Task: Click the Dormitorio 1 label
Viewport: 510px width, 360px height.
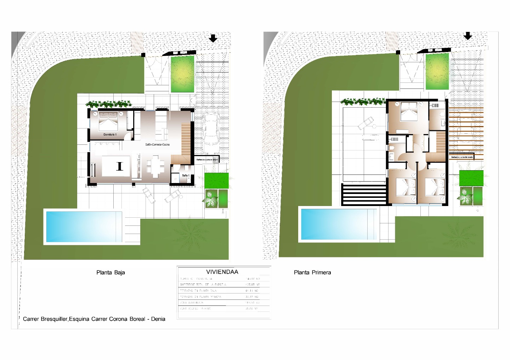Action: tap(110, 135)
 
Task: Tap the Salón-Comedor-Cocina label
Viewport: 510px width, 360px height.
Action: tap(157, 144)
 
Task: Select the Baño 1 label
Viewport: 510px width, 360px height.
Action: tap(186, 176)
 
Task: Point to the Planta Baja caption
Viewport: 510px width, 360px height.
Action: tap(110, 273)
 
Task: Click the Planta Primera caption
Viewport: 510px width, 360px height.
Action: tap(312, 273)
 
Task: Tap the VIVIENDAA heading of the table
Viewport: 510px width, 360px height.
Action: tap(222, 272)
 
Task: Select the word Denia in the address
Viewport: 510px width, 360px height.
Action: tap(158, 319)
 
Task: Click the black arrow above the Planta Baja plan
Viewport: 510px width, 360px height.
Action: tap(213, 38)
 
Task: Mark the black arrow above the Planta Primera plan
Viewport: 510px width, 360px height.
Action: tap(468, 36)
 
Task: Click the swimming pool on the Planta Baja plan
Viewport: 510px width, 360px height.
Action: tap(84, 227)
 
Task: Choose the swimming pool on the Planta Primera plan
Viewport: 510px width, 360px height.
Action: tap(338, 224)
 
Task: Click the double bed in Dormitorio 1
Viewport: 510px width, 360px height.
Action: tap(108, 120)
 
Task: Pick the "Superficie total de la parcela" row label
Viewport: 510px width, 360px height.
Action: tap(203, 285)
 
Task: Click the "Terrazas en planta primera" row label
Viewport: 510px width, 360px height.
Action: tap(200, 297)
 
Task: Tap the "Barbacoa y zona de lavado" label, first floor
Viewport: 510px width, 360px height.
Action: tap(462, 157)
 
